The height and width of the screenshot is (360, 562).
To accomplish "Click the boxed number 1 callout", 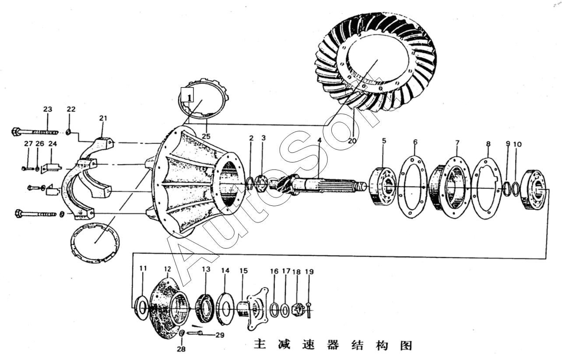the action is point(187,95).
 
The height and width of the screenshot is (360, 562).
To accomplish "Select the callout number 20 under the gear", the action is point(353,141).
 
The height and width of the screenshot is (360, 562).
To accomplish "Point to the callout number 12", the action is point(168,268).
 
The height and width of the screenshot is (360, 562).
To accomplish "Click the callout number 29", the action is point(220,335).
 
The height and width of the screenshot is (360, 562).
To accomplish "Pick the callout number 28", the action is point(181,349).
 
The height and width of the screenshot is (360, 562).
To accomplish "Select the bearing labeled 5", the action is point(383,186).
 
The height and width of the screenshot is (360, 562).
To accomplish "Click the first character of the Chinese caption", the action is point(260,345).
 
